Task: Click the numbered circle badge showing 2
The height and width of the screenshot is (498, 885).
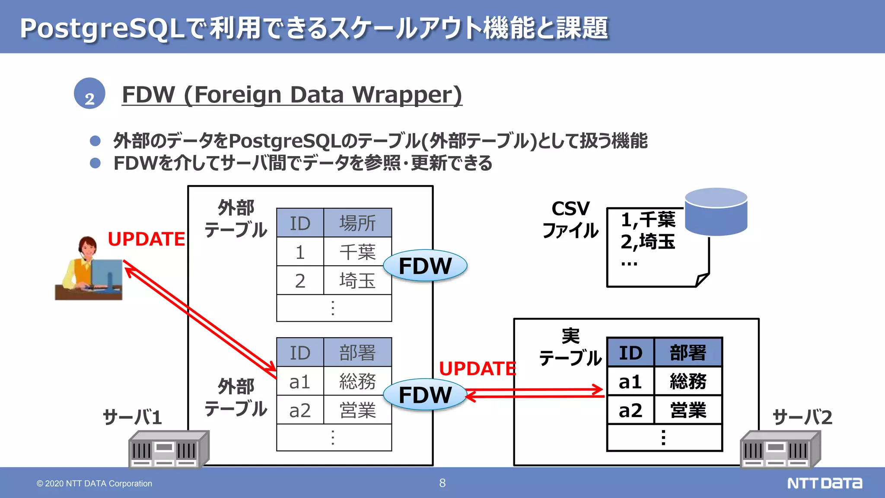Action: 89,93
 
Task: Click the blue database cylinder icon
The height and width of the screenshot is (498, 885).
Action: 716,212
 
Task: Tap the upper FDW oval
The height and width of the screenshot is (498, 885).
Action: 425,265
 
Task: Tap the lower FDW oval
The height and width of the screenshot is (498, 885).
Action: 425,394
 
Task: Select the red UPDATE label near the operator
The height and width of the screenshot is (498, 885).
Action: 146,239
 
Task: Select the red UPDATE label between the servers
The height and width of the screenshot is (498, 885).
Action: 477,368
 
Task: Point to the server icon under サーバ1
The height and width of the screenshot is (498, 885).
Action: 169,450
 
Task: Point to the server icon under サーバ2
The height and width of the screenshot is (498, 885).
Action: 780,450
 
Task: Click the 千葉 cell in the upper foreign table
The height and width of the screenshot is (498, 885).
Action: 357,252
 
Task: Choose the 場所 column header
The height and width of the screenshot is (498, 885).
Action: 357,223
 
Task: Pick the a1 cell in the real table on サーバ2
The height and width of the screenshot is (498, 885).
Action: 630,382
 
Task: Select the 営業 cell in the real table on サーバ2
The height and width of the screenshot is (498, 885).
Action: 688,410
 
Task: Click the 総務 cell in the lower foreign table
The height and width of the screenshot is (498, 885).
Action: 357,381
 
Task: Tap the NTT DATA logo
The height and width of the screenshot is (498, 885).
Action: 825,483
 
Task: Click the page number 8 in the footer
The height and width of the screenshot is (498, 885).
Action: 442,483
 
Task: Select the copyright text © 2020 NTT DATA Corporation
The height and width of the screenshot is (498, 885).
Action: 94,483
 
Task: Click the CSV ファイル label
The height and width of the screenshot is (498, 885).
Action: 570,220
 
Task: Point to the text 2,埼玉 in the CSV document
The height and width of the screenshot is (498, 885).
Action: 647,242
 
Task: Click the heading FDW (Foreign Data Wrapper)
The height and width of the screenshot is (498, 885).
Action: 292,94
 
